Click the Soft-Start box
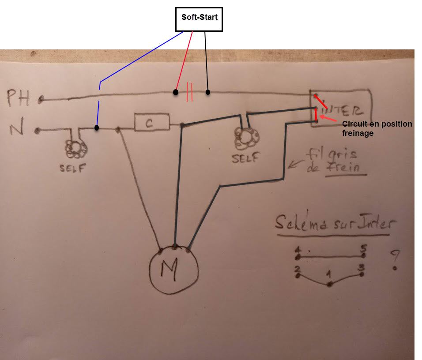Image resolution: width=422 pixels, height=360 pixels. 199,19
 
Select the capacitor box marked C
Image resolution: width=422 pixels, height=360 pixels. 151,123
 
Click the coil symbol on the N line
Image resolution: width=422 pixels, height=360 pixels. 76,149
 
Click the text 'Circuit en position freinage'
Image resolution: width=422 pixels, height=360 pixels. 376,128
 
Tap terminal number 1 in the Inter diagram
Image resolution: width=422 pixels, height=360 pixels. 329,275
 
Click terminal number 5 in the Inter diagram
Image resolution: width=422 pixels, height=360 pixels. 363,248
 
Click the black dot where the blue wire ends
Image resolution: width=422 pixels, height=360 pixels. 97,128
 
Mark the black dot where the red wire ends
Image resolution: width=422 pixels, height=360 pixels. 176,93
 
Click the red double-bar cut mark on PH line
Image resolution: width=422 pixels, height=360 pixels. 190,92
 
